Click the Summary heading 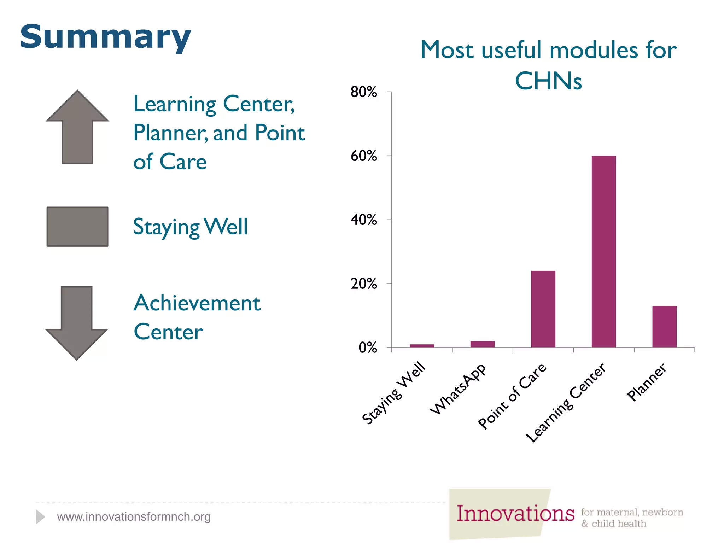(x=105, y=37)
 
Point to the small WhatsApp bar (x=482, y=344)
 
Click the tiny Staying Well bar (x=422, y=346)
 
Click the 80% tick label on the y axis (x=363, y=92)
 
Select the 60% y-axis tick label (x=363, y=156)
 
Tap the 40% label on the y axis (x=363, y=220)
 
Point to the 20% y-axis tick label (x=363, y=284)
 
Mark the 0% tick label (x=368, y=348)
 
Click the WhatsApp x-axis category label (x=458, y=389)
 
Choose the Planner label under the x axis (x=647, y=383)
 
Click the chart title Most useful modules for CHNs (x=548, y=65)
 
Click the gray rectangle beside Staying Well (x=77, y=227)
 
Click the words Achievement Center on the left (x=197, y=317)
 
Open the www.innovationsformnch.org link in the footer (x=134, y=517)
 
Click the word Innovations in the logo (x=515, y=513)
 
